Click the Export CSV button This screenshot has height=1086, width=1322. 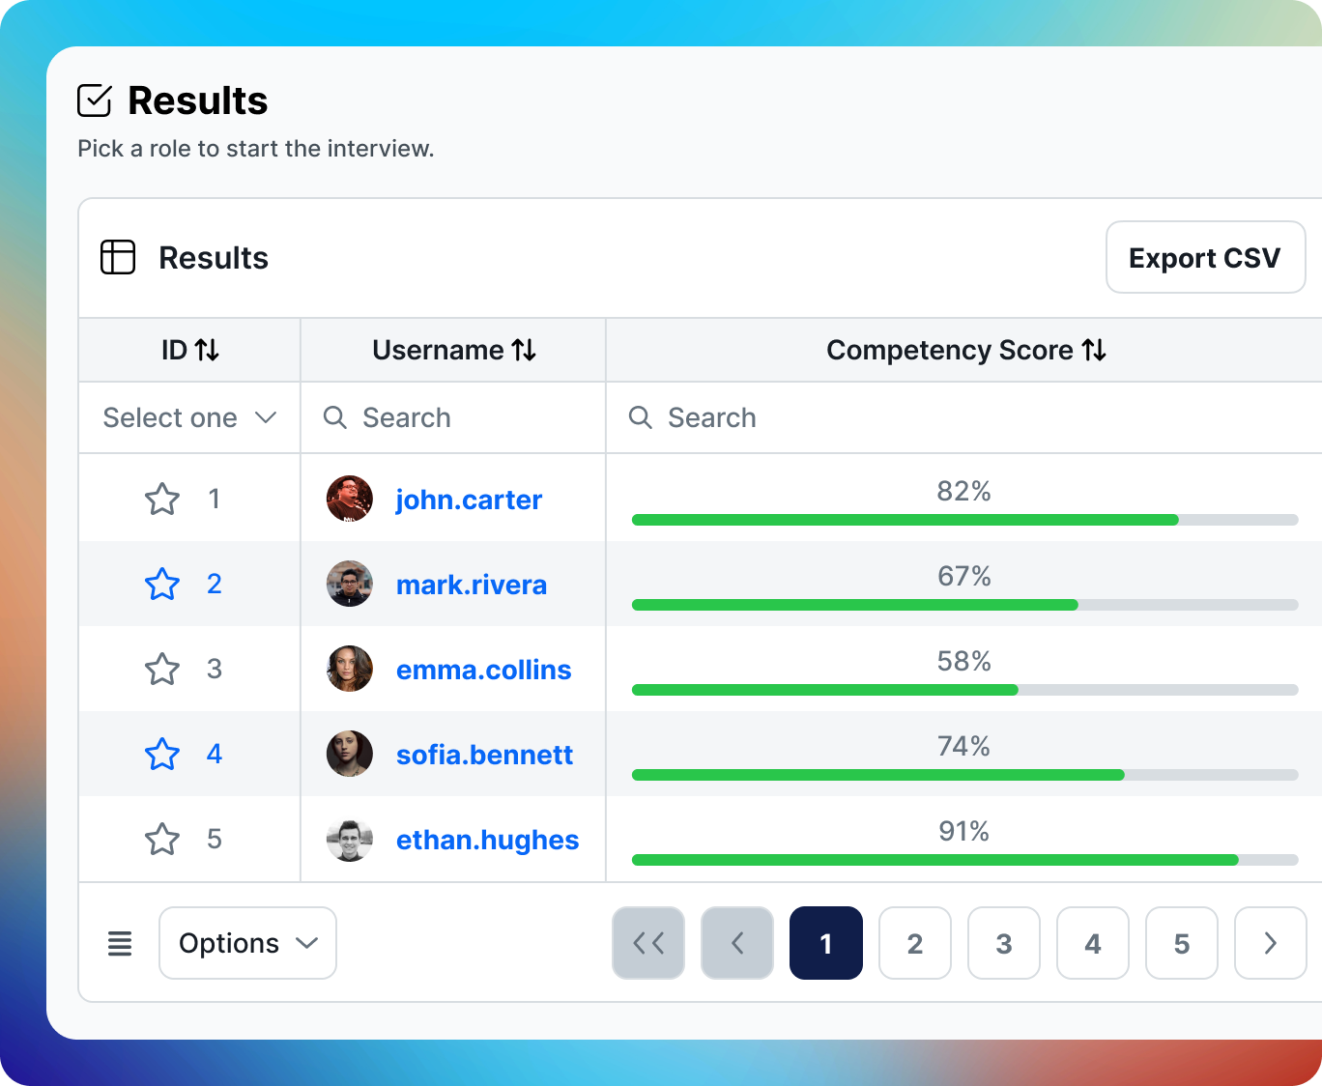(1205, 258)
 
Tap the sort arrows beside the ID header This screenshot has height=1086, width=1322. (207, 350)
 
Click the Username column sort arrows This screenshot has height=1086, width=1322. (524, 350)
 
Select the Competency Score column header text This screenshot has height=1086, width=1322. (949, 350)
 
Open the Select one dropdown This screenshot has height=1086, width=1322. (189, 417)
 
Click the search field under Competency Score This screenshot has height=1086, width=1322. (966, 417)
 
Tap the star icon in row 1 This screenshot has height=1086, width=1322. (162, 500)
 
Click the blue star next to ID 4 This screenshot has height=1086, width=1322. (162, 755)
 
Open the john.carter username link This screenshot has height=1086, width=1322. (469, 500)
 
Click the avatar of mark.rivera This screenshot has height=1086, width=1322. (350, 584)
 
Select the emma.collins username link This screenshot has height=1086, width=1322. (483, 670)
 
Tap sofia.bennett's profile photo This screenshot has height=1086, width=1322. (350, 754)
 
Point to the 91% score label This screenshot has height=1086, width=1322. (963, 831)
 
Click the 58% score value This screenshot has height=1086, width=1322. (963, 661)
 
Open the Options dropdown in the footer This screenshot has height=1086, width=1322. (247, 943)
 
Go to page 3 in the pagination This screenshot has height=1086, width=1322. (1004, 943)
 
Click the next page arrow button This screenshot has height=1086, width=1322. (1270, 943)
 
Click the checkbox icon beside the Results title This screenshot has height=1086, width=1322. (95, 100)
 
